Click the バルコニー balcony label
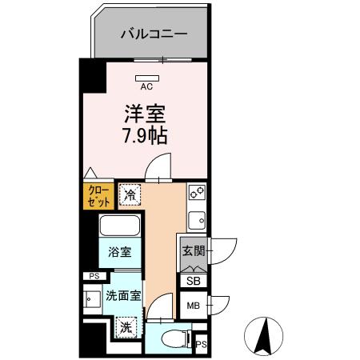pyautogui.click(x=154, y=34)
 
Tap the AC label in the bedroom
pyautogui.click(x=147, y=86)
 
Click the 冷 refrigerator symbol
pyautogui.click(x=130, y=195)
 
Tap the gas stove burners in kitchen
pyautogui.click(x=196, y=193)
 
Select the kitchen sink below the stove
pyautogui.click(x=196, y=218)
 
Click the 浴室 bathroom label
pyautogui.click(x=120, y=252)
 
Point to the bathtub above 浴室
pyautogui.click(x=120, y=226)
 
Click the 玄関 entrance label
pyautogui.click(x=193, y=251)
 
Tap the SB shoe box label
pyautogui.click(x=194, y=280)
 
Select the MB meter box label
pyautogui.click(x=194, y=306)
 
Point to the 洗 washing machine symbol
pyautogui.click(x=126, y=326)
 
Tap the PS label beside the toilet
pyautogui.click(x=201, y=345)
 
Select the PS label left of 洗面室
pyautogui.click(x=94, y=277)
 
